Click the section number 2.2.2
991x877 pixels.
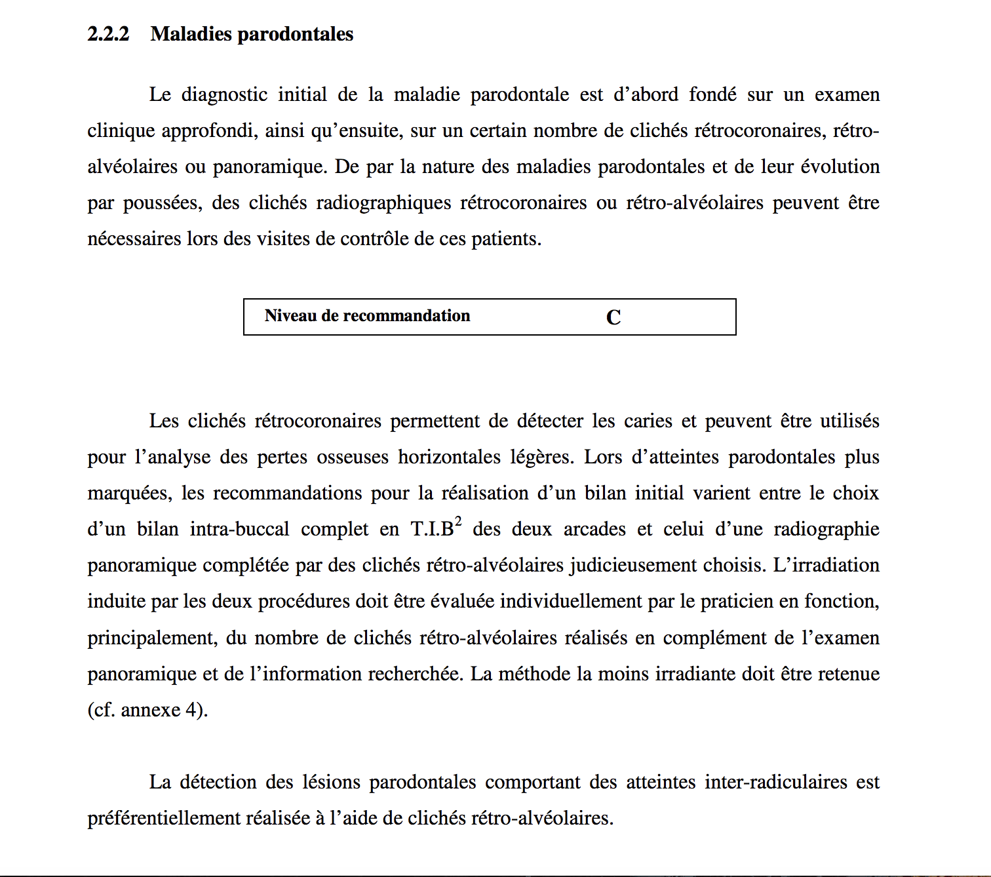coord(108,34)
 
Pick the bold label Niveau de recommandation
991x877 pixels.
coord(367,316)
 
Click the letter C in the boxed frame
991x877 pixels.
coord(613,318)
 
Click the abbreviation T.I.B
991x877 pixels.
coord(432,530)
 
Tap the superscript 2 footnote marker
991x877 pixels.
coord(458,522)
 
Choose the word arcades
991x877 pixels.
coord(594,530)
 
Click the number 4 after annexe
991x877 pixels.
coord(191,711)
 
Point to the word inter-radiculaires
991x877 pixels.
coord(776,783)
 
